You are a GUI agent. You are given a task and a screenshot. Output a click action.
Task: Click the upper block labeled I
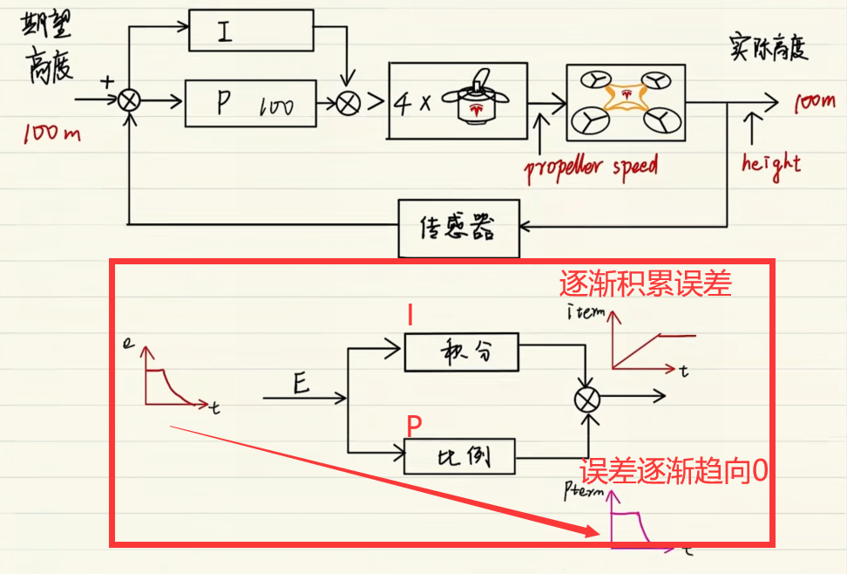(x=251, y=32)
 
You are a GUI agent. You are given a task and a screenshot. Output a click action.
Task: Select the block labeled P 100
(x=251, y=102)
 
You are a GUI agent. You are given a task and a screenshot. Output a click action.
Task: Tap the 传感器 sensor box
(x=458, y=229)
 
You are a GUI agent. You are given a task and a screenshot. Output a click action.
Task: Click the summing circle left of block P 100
(x=129, y=101)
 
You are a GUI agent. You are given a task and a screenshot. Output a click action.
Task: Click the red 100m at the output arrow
(x=814, y=103)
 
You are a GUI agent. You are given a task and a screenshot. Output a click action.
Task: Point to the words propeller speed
(x=591, y=166)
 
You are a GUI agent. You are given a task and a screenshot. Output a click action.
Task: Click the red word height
(x=770, y=162)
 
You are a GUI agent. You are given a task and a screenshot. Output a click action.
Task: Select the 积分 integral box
(x=462, y=352)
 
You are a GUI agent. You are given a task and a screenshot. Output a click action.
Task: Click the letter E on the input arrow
(x=301, y=383)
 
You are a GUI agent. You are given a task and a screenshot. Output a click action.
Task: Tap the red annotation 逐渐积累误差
(x=645, y=284)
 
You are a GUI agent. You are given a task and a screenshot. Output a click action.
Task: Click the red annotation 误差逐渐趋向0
(x=675, y=472)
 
